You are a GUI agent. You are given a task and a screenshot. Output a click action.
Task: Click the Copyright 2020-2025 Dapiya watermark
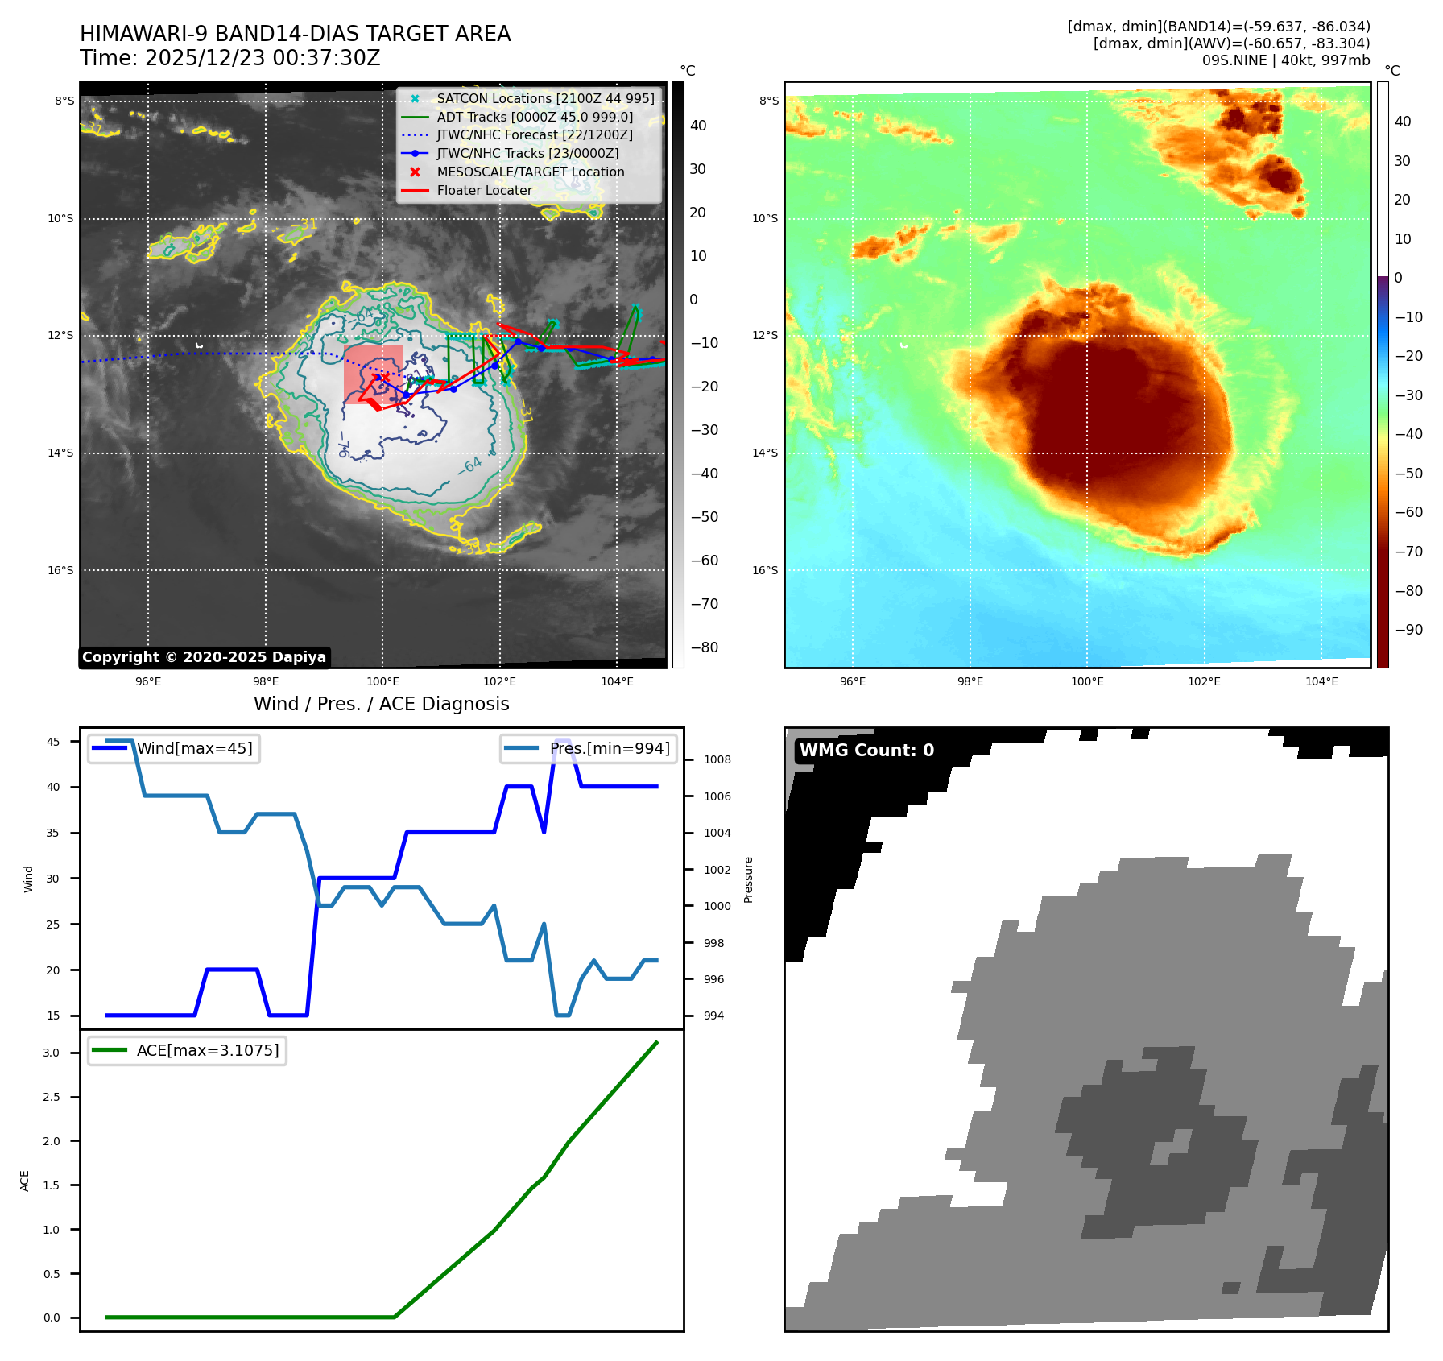204,657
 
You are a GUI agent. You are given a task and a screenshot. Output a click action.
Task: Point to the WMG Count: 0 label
866,751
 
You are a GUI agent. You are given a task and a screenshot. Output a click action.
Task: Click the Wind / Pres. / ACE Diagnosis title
381,704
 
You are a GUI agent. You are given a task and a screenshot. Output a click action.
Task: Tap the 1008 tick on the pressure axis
717,759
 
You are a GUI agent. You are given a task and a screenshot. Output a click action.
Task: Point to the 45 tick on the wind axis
53,742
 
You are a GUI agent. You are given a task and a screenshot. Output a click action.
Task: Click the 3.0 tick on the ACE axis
52,1053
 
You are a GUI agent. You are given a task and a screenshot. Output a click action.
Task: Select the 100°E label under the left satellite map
382,681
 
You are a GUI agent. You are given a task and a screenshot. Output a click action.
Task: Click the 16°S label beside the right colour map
765,570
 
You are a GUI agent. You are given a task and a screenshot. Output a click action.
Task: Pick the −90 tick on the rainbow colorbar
1408,630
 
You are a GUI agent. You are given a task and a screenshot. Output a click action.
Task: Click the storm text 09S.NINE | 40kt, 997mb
1286,60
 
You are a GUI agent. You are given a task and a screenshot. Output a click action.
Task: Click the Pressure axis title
749,879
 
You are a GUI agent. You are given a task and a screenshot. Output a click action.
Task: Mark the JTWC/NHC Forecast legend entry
534,134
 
